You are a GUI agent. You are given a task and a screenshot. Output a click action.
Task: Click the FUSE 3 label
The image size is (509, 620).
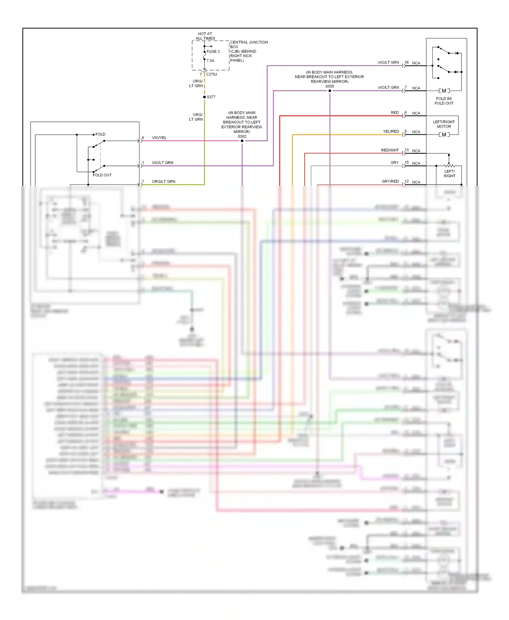click(213, 52)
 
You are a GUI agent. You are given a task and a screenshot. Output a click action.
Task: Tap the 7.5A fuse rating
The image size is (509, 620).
click(210, 61)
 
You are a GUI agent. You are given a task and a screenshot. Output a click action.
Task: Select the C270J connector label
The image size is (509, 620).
click(211, 74)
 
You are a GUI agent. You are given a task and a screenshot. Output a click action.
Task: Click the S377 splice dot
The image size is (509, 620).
click(204, 97)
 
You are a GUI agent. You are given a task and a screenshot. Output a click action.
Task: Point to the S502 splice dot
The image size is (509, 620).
click(242, 141)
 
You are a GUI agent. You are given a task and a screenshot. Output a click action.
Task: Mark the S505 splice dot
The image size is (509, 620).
click(329, 91)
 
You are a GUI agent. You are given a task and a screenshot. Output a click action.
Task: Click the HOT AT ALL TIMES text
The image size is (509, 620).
click(205, 36)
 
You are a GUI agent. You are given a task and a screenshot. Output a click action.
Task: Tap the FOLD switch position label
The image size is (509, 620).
click(100, 134)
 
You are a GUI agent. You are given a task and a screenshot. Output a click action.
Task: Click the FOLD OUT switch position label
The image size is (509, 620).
click(102, 175)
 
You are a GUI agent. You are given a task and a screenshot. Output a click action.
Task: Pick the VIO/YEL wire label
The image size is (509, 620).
click(159, 138)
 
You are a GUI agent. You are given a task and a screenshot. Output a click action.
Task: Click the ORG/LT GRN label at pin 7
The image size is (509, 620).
click(164, 181)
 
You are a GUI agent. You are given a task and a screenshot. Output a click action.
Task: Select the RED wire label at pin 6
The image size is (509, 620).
click(395, 113)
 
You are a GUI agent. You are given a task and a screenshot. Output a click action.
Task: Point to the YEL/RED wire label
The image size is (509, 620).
click(391, 131)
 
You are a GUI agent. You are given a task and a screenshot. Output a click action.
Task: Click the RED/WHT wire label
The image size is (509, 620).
click(390, 150)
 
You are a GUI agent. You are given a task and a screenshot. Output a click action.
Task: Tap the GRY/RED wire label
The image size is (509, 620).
click(390, 181)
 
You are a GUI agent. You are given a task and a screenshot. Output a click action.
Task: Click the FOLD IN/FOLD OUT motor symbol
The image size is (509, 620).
click(444, 91)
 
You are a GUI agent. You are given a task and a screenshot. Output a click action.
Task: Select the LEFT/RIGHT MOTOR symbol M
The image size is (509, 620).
click(444, 135)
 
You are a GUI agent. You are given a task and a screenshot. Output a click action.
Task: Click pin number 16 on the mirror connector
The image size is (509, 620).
click(407, 62)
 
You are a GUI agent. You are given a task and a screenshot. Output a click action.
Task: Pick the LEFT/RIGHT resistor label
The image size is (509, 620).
click(449, 174)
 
